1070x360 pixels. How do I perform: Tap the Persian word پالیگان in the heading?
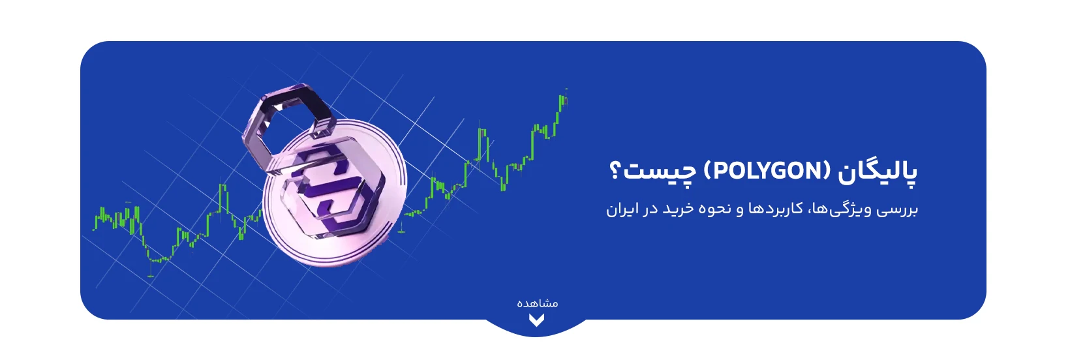click(878, 173)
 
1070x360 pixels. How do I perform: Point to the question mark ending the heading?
click(615, 171)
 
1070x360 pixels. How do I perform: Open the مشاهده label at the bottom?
click(538, 303)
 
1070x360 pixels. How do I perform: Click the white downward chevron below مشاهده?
click(536, 321)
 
